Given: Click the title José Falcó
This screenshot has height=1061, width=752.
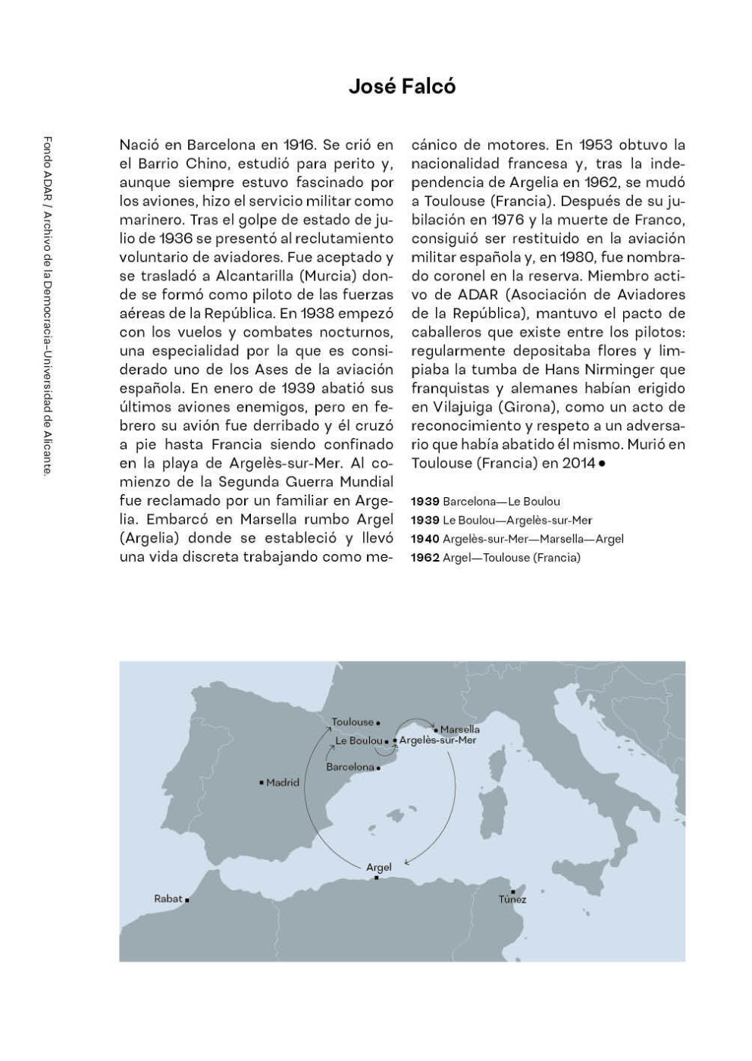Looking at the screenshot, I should (x=402, y=86).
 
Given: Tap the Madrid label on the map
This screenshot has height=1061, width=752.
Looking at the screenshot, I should (x=283, y=783).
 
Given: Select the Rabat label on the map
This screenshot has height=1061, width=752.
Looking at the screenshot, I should (x=168, y=899).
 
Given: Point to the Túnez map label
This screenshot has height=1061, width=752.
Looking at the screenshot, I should (x=512, y=900).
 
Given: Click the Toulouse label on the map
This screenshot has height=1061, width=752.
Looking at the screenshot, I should (x=353, y=722).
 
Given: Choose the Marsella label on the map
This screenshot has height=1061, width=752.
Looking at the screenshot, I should (x=460, y=730).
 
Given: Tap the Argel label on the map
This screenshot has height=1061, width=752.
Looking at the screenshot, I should (x=378, y=867).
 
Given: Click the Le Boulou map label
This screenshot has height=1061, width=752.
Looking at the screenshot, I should (x=359, y=740).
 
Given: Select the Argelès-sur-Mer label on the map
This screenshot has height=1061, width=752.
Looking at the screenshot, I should (x=437, y=740).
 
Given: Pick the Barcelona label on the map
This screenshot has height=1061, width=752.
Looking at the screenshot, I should (x=350, y=767).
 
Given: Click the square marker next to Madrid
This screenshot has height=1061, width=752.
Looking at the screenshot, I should (x=262, y=782).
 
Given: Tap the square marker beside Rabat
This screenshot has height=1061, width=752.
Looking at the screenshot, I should (x=186, y=900).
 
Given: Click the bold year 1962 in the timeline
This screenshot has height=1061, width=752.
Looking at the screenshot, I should (x=425, y=558).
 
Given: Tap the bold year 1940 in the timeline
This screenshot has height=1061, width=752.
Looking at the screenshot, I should (x=425, y=539).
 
